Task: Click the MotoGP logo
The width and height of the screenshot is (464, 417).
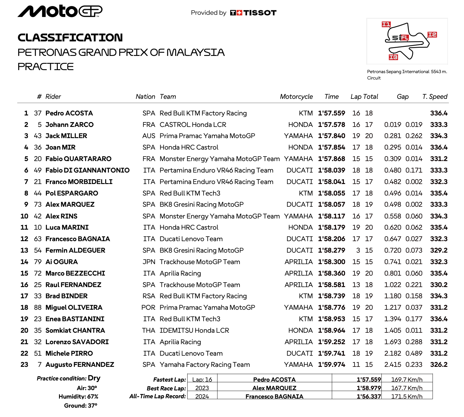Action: coord(60,11)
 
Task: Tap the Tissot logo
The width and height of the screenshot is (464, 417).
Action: coord(253,13)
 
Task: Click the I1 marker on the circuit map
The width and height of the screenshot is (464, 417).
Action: coord(386,24)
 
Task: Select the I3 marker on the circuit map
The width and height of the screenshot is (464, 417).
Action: coord(393,57)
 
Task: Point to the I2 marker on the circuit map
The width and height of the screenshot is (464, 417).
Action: coord(432,34)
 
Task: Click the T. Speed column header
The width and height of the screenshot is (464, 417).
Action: coord(435,97)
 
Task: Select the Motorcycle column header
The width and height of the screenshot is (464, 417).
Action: coord(296,97)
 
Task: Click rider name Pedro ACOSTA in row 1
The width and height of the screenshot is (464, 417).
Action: coord(69,113)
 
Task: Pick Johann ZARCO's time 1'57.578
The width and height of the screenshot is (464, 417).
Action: coord(331,125)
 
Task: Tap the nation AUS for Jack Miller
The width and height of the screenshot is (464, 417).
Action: coord(149,136)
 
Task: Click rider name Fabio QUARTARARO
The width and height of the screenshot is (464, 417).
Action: coord(78,159)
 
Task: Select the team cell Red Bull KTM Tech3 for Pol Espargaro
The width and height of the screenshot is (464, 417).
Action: coord(190,193)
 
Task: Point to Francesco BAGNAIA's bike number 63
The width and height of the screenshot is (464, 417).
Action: coord(38,239)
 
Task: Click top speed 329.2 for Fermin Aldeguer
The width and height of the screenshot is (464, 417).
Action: coord(439,251)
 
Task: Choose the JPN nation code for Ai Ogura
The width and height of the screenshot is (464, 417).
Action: coord(149,262)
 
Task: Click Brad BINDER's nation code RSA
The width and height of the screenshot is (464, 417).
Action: coord(149,296)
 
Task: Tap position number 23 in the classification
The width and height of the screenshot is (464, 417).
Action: coord(24,365)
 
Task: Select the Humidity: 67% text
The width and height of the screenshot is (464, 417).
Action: coord(78,397)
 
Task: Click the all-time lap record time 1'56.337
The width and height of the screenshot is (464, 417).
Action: coord(368,396)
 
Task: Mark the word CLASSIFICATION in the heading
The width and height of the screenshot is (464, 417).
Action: coord(70,38)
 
